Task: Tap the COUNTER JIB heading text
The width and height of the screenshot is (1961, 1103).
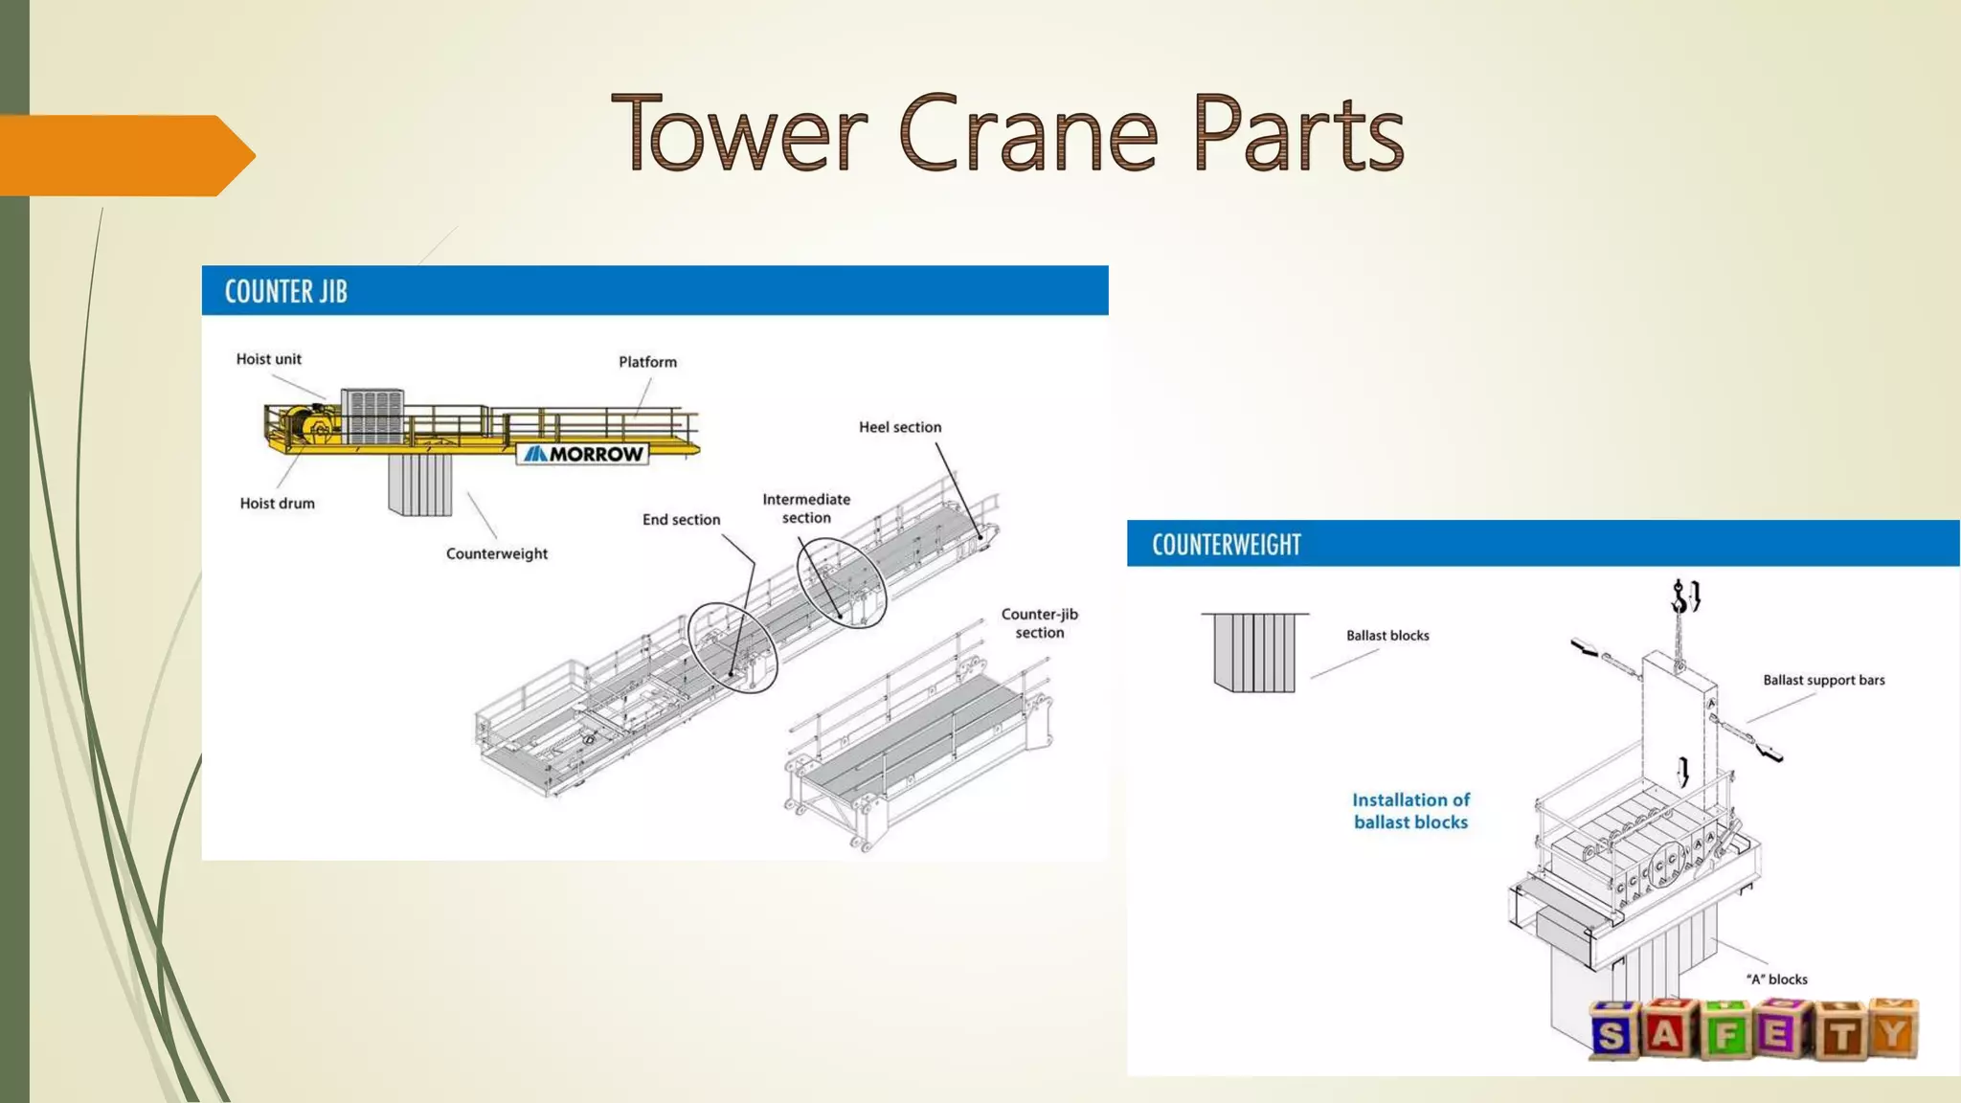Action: (285, 291)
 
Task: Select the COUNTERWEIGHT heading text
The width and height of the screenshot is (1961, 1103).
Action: (1226, 545)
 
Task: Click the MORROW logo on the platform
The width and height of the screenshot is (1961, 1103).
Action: (583, 454)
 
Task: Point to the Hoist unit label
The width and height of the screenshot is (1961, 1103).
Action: (268, 359)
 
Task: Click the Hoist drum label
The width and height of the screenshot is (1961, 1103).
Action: (277, 504)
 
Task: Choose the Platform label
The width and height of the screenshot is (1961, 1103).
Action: (647, 362)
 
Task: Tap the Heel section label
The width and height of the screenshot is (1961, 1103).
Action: (899, 427)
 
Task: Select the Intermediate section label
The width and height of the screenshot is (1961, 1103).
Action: (806, 508)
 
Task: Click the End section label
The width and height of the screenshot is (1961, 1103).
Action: (681, 520)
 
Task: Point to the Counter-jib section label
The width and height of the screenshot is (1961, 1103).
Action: (1039, 623)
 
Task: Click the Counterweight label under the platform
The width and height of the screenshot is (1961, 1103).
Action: (496, 553)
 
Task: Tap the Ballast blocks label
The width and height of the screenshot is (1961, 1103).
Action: (1386, 636)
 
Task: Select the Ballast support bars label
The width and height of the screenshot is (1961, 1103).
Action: (1823, 680)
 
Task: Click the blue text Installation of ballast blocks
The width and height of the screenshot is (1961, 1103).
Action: (1410, 811)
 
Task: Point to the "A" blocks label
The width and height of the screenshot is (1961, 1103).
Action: (1776, 979)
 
